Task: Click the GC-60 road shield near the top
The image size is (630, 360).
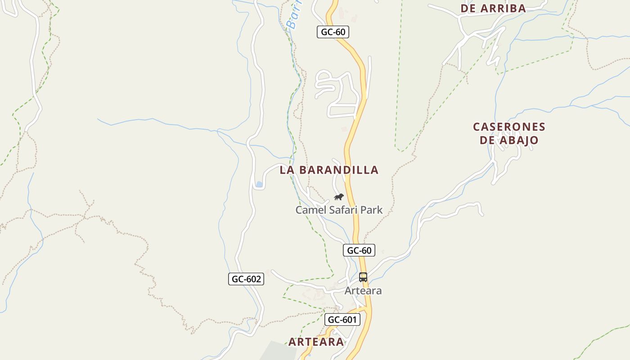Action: (333, 32)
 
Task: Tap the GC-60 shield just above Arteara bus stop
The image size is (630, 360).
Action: (359, 250)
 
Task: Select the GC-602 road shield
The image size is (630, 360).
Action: (246, 279)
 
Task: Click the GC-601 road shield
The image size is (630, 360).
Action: (342, 319)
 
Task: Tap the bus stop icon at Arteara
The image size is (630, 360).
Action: (363, 277)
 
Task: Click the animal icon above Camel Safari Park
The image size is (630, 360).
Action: (339, 197)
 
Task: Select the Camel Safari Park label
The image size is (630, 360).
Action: (339, 210)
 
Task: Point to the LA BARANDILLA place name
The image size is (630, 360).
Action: (329, 170)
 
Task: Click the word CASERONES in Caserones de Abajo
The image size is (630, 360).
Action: (509, 127)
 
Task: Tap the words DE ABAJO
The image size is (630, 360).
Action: (509, 140)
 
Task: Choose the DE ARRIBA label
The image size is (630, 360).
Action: (493, 8)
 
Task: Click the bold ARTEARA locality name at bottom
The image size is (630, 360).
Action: (316, 342)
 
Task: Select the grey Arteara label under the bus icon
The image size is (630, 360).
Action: (363, 291)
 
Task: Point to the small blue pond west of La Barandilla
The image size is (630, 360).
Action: (259, 184)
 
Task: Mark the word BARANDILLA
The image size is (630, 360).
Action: (339, 170)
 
